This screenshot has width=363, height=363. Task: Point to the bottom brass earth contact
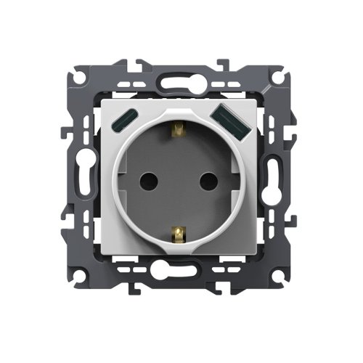[x=180, y=232]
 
